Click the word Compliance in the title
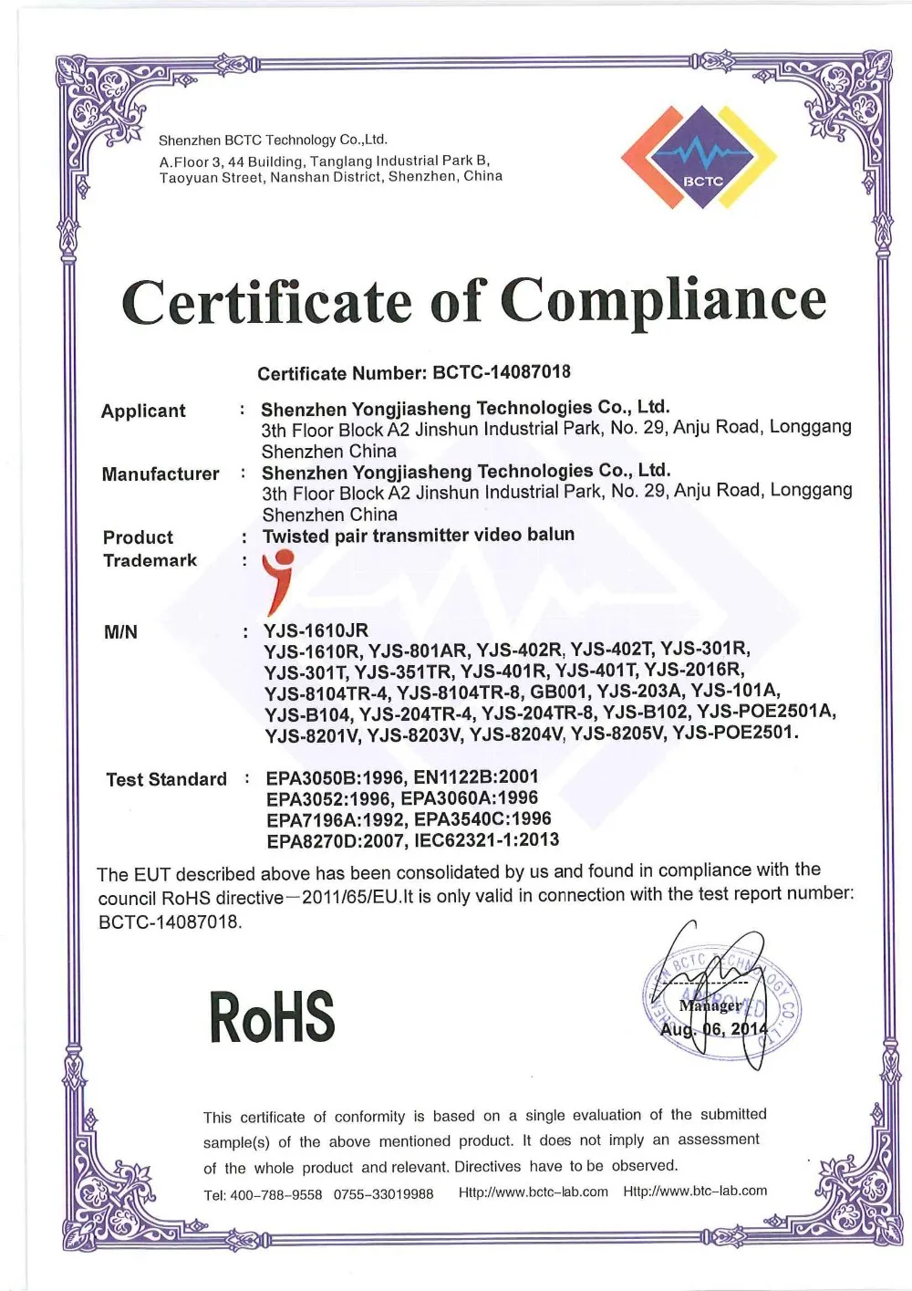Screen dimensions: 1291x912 (x=663, y=300)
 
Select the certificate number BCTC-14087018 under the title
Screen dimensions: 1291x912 (x=502, y=371)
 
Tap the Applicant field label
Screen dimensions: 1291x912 (x=143, y=411)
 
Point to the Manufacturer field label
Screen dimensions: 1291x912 (x=161, y=474)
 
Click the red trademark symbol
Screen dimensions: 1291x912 (x=277, y=581)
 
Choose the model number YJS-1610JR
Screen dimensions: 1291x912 (x=316, y=630)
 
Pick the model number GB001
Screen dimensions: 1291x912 (x=559, y=691)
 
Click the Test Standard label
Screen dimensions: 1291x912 (x=166, y=779)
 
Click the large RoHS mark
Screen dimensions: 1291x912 (x=272, y=1016)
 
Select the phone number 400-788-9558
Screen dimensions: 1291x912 (x=275, y=1194)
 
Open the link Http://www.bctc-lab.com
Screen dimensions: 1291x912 (x=534, y=1192)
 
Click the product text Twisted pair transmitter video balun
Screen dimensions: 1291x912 (x=419, y=535)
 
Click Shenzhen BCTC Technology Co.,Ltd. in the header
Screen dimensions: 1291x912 (x=273, y=140)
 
